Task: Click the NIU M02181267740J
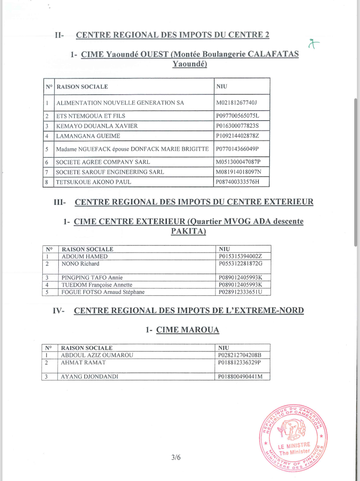[x=236, y=103]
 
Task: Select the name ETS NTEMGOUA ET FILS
[x=91, y=116]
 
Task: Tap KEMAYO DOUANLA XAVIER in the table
[x=97, y=126]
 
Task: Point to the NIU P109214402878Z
[x=237, y=136]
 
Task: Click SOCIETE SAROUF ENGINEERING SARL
[x=110, y=172]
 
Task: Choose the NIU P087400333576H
[x=237, y=182]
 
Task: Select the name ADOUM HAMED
[x=84, y=257]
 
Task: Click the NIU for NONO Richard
[x=241, y=264]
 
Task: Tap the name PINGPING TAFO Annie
[x=92, y=278]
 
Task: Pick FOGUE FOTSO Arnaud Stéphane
[x=103, y=292]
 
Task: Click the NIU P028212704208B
[x=240, y=355]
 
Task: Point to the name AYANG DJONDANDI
[x=90, y=377]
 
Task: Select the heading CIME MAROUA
[x=188, y=330]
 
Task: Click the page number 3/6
[x=176, y=457]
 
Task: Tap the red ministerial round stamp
[x=293, y=437]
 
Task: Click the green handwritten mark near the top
[x=314, y=44]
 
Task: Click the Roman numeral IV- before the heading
[x=59, y=311]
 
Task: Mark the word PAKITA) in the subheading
[x=188, y=231]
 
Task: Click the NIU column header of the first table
[x=222, y=86]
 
